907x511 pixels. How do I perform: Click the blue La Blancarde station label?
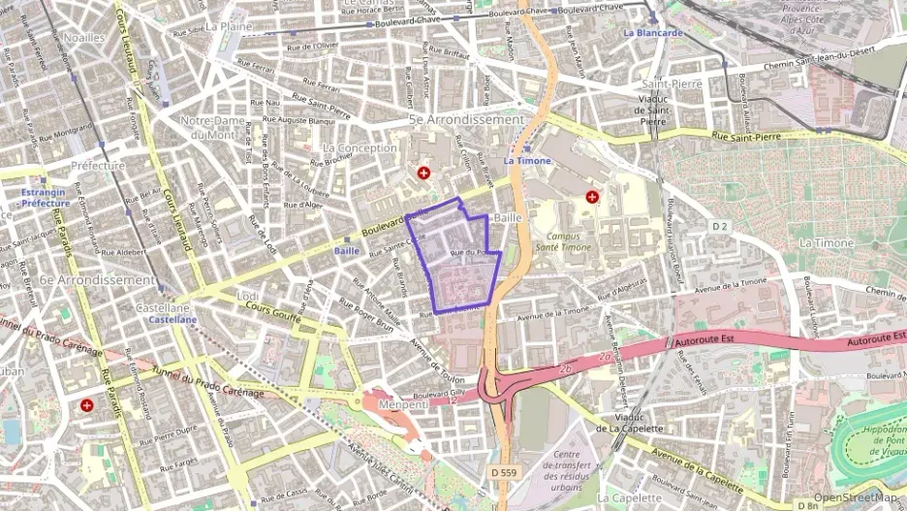pos(653,32)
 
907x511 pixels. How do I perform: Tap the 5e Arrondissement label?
pos(466,119)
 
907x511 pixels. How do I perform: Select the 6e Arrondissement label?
pos(97,279)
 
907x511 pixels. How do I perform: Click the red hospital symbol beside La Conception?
pos(423,173)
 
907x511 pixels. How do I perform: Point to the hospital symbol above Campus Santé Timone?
pos(591,197)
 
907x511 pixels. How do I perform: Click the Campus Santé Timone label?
pos(569,241)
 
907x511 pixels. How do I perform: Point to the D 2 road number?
pos(720,226)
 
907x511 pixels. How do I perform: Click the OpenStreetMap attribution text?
pos(857,497)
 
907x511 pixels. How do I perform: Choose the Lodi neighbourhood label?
pos(248,295)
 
